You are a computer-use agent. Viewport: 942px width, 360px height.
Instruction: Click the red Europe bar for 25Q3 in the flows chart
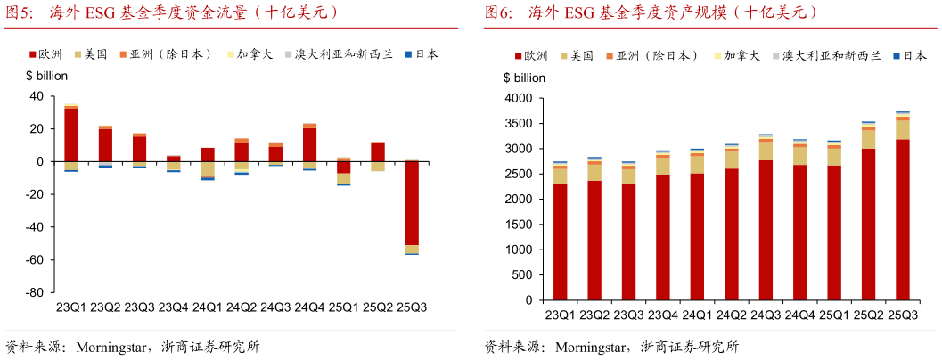tap(412, 203)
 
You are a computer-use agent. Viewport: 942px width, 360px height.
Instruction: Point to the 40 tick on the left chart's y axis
tap(37, 96)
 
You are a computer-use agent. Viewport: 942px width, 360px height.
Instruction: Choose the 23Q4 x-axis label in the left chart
tap(174, 307)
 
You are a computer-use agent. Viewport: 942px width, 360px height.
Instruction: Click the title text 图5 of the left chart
tap(20, 12)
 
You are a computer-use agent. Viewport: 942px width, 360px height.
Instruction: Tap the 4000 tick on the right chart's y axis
tap(520, 98)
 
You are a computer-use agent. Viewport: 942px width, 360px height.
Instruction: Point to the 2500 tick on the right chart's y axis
tap(520, 174)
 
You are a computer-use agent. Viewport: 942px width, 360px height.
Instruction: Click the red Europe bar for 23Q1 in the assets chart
tap(560, 241)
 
